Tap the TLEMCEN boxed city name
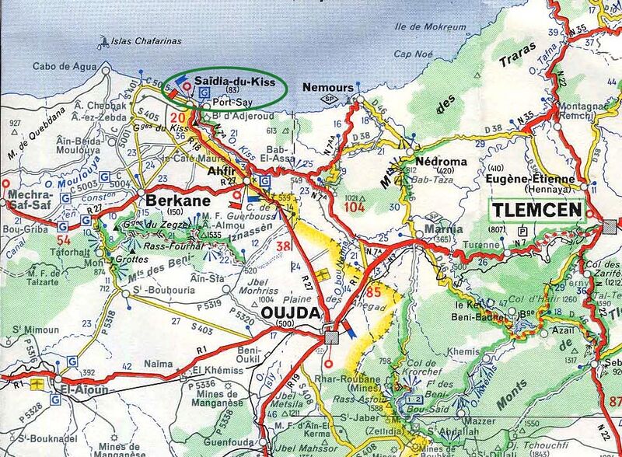(x=535, y=210)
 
